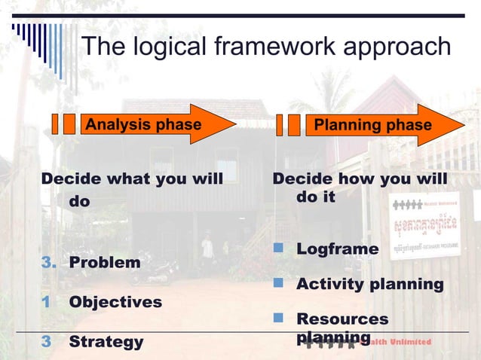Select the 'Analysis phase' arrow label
[143, 124]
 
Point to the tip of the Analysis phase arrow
[235, 124]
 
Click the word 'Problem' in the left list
[104, 263]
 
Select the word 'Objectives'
[115, 302]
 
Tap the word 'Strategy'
[106, 342]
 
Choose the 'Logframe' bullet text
[337, 249]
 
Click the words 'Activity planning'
[369, 284]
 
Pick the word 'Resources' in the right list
[342, 319]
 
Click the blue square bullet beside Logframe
[278, 248]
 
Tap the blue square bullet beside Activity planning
[278, 283]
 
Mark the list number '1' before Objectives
[46, 302]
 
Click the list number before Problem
[48, 263]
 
